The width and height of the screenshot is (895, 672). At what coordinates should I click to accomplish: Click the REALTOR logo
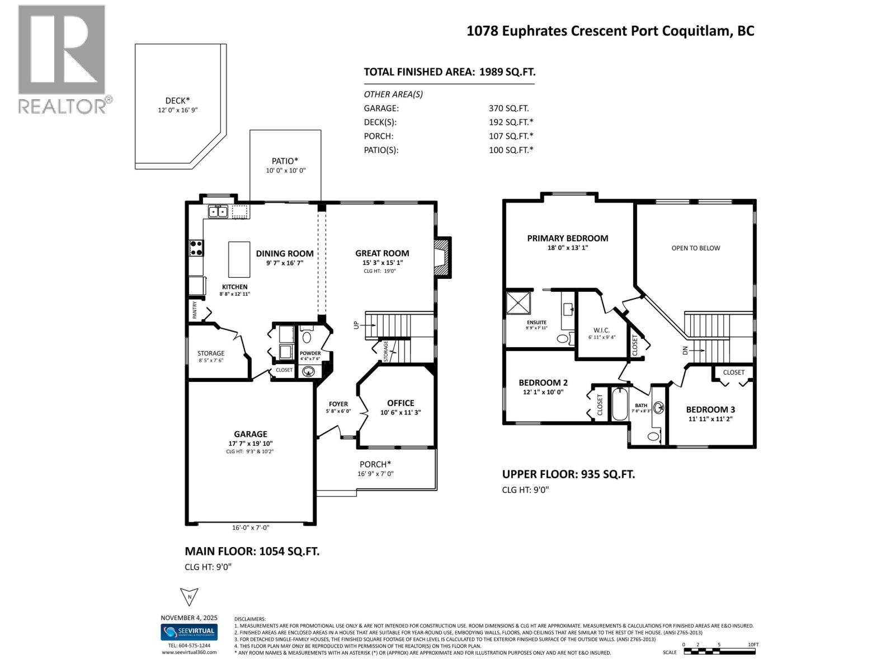click(x=62, y=59)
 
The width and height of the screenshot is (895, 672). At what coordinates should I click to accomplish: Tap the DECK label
click(x=177, y=101)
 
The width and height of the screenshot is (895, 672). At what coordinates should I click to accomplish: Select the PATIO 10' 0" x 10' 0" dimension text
click(x=285, y=171)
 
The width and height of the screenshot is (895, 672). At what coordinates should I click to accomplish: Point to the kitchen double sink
click(x=218, y=211)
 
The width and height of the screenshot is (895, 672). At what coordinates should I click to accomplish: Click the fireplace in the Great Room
click(x=442, y=256)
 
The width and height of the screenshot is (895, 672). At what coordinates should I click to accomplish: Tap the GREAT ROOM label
click(x=382, y=253)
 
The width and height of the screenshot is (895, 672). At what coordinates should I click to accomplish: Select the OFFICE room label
click(x=401, y=403)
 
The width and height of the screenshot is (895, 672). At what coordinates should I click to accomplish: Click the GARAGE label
click(x=250, y=433)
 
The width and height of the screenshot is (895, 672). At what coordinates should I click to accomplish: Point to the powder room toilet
click(x=307, y=337)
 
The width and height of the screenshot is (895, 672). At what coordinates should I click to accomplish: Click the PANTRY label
click(x=195, y=310)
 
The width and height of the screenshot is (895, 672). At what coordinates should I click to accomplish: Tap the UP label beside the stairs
click(x=356, y=325)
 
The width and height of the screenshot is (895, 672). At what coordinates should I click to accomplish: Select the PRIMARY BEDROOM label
click(x=567, y=238)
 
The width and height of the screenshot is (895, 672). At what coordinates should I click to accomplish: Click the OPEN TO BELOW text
click(x=695, y=248)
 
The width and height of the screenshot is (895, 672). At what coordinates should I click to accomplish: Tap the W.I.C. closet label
click(x=601, y=330)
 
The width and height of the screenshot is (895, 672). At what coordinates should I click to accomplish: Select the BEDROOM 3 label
click(x=710, y=409)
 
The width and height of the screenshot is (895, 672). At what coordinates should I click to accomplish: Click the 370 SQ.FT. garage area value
click(x=508, y=108)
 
